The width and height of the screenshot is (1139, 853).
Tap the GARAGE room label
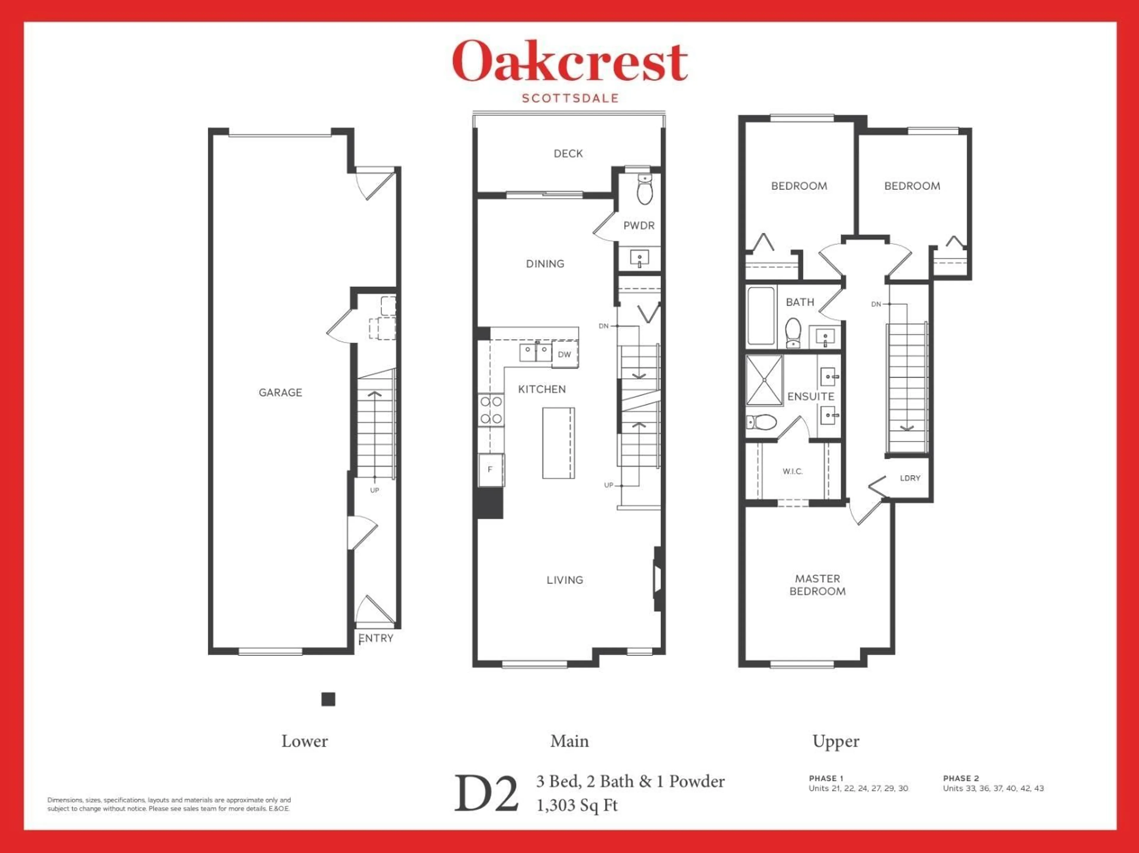point(280,393)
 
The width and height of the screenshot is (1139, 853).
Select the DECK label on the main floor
point(568,153)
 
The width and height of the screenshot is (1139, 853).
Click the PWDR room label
point(639,226)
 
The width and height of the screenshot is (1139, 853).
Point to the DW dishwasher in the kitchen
point(564,355)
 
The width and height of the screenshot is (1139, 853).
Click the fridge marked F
point(490,469)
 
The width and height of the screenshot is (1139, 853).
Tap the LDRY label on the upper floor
point(910,478)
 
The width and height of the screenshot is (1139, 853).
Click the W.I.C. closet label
point(793,471)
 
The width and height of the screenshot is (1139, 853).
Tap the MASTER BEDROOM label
point(817,585)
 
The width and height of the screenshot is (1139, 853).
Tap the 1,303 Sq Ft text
point(577,805)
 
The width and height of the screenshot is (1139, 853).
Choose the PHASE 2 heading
point(961,778)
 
